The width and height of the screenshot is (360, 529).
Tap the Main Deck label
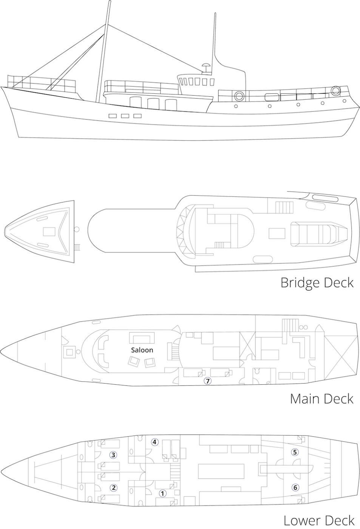tap(322, 399)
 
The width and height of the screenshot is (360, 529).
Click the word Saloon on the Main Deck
tap(142, 350)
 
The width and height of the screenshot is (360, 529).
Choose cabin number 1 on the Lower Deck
tap(162, 493)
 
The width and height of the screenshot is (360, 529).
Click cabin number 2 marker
tap(114, 487)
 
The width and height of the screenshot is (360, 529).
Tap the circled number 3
tap(113, 455)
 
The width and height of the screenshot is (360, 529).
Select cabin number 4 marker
tap(155, 442)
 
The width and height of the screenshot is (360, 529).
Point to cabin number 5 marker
tap(295, 452)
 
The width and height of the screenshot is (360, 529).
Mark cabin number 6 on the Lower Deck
tap(295, 487)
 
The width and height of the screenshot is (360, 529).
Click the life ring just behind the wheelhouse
tap(239, 95)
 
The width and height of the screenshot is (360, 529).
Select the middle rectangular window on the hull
tap(125, 116)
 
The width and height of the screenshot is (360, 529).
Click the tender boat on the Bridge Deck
tap(319, 234)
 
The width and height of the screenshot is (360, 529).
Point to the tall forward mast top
tap(110, 2)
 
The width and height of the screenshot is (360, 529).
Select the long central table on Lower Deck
tap(221, 473)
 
